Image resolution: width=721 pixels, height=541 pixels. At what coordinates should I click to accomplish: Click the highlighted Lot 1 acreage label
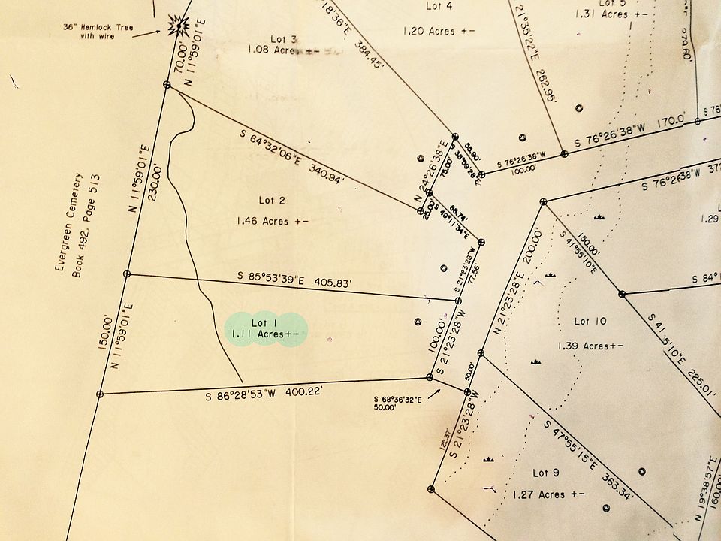click(x=266, y=328)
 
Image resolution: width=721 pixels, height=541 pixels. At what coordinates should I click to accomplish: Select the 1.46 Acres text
click(x=272, y=222)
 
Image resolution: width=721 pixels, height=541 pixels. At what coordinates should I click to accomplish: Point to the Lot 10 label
click(x=590, y=321)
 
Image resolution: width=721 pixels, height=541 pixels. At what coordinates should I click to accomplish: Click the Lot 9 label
click(x=546, y=473)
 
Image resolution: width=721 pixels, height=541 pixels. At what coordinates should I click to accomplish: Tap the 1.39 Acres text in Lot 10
click(x=590, y=346)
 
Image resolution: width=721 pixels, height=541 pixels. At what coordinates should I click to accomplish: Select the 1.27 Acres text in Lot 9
click(x=548, y=494)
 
